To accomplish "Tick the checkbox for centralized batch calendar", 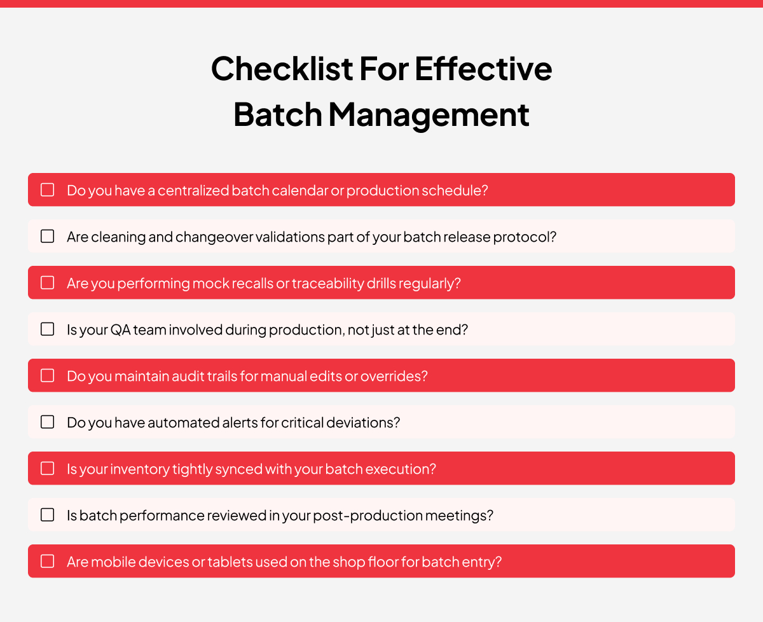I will click(x=48, y=190).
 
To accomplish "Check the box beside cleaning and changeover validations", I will click(x=48, y=236).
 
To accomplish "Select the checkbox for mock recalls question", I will click(x=48, y=282).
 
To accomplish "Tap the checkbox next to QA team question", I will click(x=48, y=329).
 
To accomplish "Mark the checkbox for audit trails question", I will click(x=48, y=375).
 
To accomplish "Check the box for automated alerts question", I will click(x=48, y=422).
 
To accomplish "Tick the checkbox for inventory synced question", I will click(x=48, y=468).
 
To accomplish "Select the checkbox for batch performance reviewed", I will click(x=48, y=515).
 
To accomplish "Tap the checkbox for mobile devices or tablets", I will click(x=48, y=561).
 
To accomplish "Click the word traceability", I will click(x=327, y=283).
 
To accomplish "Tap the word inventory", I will click(x=140, y=469).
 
